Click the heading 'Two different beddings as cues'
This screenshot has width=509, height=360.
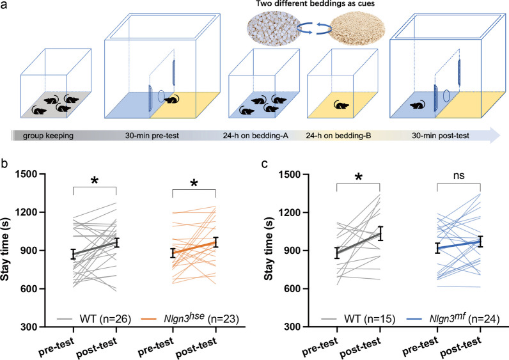point(315,4)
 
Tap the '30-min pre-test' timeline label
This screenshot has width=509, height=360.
point(152,136)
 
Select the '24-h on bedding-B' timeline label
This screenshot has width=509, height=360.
point(338,136)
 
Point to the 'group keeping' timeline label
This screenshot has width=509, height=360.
point(48,136)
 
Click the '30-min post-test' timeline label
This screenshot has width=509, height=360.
point(441,136)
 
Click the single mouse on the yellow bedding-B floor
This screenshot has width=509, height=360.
point(341,105)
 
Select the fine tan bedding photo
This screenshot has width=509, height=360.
point(357,27)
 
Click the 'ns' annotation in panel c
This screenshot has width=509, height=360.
point(458,176)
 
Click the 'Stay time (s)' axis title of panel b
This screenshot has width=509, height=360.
point(5,249)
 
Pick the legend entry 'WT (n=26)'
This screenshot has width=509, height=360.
point(94,319)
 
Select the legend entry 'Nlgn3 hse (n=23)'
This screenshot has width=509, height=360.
point(190,318)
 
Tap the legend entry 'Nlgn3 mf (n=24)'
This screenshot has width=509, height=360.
point(453,318)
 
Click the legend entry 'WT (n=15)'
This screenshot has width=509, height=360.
point(358,319)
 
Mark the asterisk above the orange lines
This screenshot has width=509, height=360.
point(194,184)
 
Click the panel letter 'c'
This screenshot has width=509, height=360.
point(265,164)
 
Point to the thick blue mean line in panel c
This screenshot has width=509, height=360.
point(459,245)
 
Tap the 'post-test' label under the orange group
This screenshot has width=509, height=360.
point(196,348)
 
